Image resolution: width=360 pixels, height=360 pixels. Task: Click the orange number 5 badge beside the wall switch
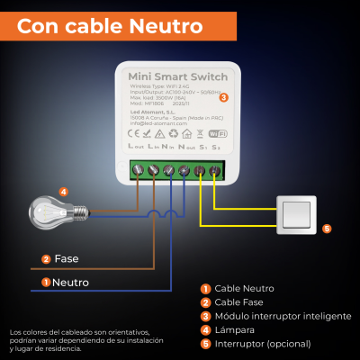pyautogui.click(x=327, y=229)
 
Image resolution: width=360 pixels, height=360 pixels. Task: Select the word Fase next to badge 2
pyautogui.click(x=67, y=259)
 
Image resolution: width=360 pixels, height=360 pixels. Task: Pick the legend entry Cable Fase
pyautogui.click(x=238, y=301)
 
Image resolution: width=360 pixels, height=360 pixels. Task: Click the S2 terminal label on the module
pyautogui.click(x=217, y=146)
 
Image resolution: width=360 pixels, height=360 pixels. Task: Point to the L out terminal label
pyautogui.click(x=137, y=146)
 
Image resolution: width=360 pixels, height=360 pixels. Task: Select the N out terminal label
pyautogui.click(x=186, y=146)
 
